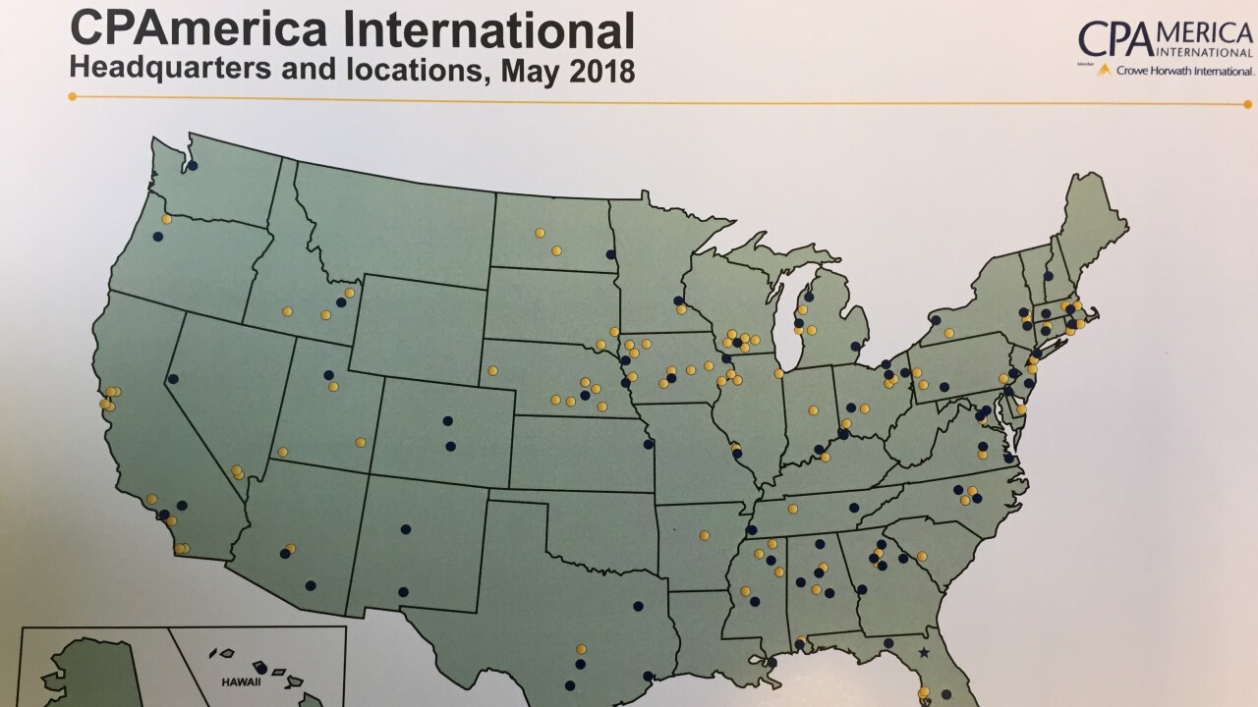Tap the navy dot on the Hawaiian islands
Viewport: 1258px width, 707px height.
260,669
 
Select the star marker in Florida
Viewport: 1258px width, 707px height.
923,652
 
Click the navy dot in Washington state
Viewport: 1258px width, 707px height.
193,165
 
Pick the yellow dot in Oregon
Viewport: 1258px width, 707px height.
166,219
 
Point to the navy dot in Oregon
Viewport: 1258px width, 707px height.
157,237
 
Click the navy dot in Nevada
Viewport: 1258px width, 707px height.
173,379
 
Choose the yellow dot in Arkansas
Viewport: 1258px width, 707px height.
704,535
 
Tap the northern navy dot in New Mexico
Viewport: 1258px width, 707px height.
405,529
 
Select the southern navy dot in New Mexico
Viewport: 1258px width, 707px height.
403,592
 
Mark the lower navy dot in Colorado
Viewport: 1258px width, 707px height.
450,446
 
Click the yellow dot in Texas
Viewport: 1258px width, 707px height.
581,649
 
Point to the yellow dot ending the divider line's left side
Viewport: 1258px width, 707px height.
72,96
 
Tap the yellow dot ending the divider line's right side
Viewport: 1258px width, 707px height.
1248,103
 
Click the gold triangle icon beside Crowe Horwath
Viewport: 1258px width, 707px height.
1104,70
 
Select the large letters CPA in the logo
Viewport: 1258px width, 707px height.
1114,39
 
